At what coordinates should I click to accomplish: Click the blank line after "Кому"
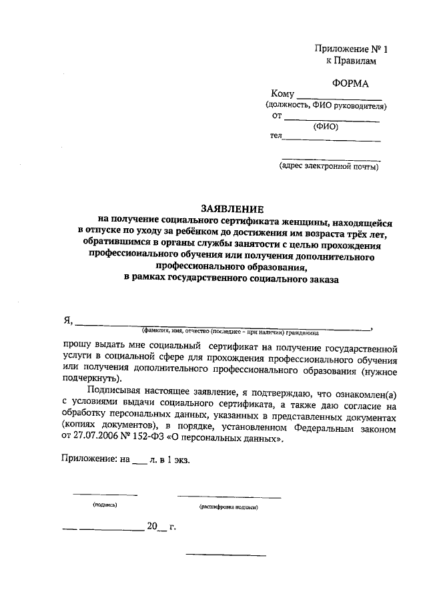click(x=338, y=97)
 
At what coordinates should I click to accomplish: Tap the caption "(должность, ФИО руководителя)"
click(x=326, y=106)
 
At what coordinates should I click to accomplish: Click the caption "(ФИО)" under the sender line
click(x=326, y=127)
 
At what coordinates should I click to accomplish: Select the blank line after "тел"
click(x=332, y=140)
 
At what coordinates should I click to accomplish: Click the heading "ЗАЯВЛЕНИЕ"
click(x=232, y=208)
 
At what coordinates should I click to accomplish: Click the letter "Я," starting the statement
click(x=67, y=320)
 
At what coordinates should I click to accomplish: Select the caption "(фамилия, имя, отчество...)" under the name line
click(x=230, y=332)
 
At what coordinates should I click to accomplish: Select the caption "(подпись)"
click(x=105, y=506)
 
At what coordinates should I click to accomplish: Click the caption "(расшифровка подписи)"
click(x=229, y=507)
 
